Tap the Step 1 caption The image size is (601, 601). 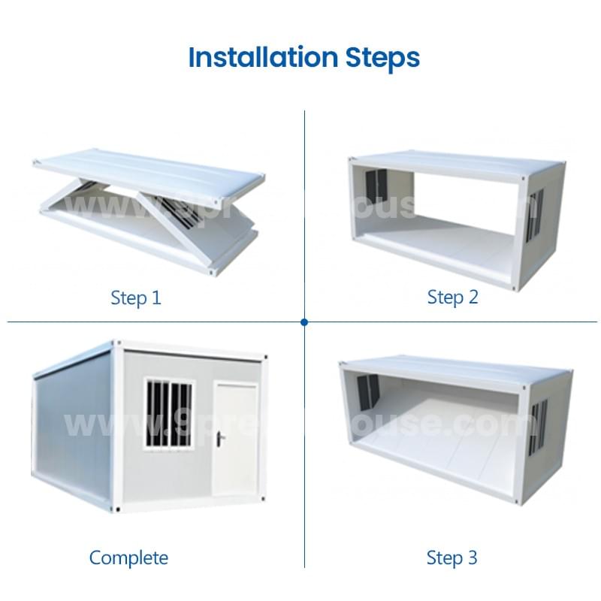coord(136,297)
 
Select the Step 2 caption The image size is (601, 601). coord(452,297)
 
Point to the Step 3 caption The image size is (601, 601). coord(452,557)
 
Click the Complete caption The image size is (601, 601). coord(128,557)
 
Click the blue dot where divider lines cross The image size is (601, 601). coord(304,322)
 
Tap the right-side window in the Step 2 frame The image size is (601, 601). coord(535,214)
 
